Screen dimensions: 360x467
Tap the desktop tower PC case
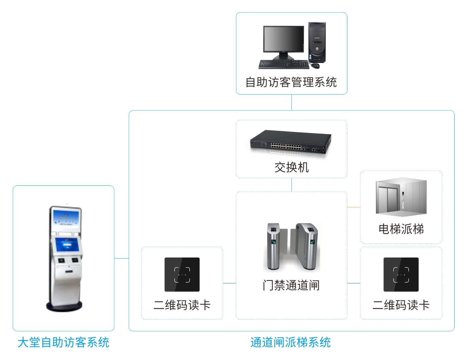(317, 42)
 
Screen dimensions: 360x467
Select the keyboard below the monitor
(284, 64)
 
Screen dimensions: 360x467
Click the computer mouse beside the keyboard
(315, 65)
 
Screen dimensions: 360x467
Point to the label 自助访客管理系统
(291, 82)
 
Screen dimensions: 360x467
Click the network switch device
(291, 142)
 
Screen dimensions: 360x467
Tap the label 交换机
(291, 167)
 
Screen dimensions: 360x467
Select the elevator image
(401, 196)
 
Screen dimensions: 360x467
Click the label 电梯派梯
(401, 229)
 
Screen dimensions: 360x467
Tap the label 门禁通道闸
(291, 285)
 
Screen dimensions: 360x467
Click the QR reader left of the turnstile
(182, 274)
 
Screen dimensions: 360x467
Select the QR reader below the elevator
(401, 274)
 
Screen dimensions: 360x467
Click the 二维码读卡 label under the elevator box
(401, 305)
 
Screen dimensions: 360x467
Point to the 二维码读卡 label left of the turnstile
(182, 305)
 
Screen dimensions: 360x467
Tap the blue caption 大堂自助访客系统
(63, 342)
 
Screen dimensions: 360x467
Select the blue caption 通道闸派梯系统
(290, 342)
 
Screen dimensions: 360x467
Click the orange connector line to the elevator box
(354, 207)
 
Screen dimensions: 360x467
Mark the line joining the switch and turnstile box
(291, 185)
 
